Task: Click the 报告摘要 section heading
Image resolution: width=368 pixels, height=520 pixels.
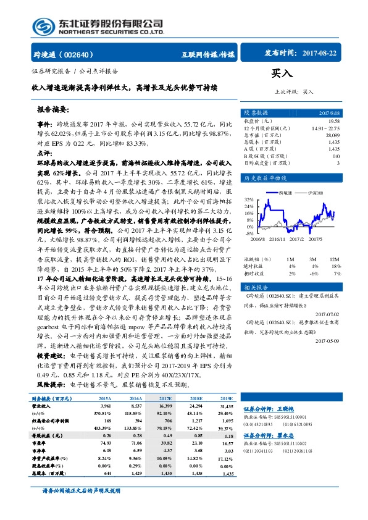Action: coord(54,109)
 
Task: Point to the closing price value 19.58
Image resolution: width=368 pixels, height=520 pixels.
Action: coord(334,122)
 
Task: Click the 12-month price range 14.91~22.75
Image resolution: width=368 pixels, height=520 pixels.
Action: coord(325,128)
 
